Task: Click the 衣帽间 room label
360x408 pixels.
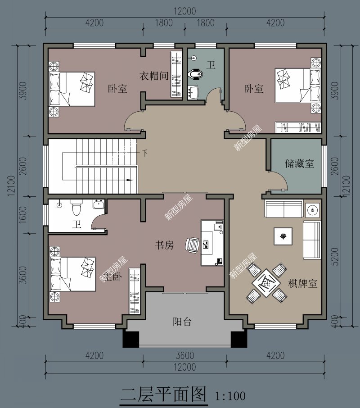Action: click(153, 76)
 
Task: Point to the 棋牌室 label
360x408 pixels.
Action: click(303, 284)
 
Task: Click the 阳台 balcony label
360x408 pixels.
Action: click(182, 322)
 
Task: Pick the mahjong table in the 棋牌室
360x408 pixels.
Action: click(266, 282)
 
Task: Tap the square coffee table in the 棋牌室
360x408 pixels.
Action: click(283, 236)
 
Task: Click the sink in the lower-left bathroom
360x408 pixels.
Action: click(99, 205)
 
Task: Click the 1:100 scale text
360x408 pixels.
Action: click(230, 396)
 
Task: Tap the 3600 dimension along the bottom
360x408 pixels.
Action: click(184, 356)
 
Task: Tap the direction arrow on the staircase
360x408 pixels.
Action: click(130, 180)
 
